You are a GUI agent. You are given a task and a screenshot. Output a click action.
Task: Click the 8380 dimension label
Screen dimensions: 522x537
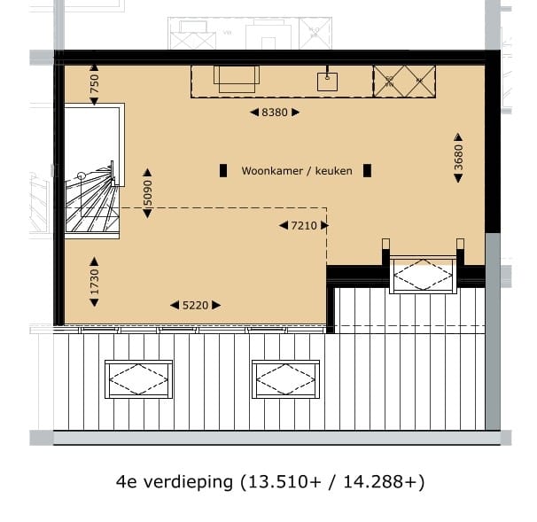pos(275,112)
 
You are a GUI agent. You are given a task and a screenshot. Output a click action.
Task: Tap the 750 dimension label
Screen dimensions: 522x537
pos(95,84)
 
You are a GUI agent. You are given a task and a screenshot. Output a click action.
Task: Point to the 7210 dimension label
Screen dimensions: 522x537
pos(304,226)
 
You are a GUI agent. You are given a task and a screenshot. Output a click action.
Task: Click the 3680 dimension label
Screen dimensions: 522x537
pos(458,157)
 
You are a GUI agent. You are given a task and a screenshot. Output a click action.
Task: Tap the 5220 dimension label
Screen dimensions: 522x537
pos(195,306)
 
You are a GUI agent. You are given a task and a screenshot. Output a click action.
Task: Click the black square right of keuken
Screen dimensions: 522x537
pos(366,170)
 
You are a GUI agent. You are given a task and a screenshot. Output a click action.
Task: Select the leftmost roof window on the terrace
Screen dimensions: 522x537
pos(138,381)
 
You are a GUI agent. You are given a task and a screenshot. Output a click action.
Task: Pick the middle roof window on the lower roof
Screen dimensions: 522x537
pos(285,380)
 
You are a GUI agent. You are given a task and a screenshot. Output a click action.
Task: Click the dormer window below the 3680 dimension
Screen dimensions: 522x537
pos(424,273)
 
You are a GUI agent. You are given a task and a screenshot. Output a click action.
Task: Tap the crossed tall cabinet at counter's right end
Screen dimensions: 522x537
pos(406,82)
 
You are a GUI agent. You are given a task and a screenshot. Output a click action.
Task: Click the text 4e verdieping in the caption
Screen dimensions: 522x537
pos(174,483)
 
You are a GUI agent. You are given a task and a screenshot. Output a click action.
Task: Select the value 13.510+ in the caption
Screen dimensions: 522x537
pos(284,483)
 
